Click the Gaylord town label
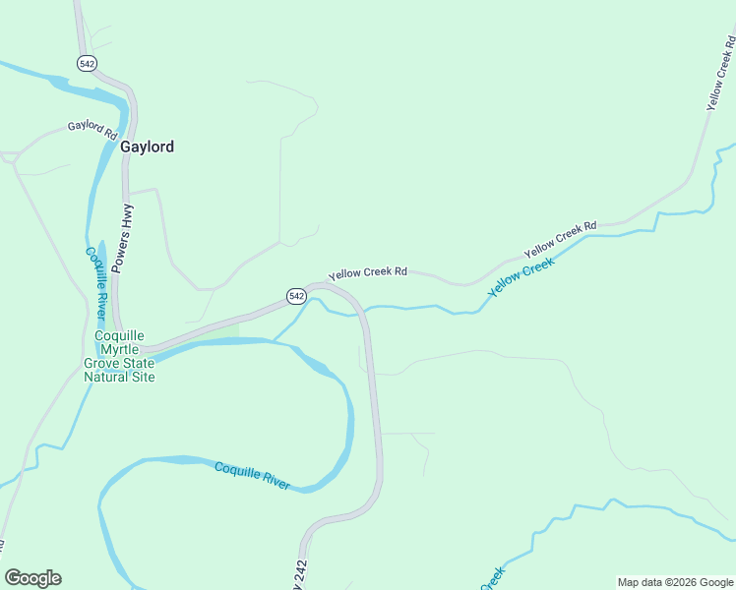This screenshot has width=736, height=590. pos(147,147)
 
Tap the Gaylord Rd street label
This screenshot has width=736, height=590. pos(92,129)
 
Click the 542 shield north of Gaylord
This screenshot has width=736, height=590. pos(86,62)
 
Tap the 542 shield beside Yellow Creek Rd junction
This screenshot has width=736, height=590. pos(295,295)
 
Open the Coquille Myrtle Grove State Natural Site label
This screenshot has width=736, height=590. pos(119,356)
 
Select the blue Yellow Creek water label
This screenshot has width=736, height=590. pos(521,276)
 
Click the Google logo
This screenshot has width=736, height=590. pos(32,578)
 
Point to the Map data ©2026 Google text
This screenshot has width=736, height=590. pos(675,582)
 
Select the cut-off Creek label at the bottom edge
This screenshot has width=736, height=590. pos(492,579)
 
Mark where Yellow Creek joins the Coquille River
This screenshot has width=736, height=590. pos(276,340)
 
